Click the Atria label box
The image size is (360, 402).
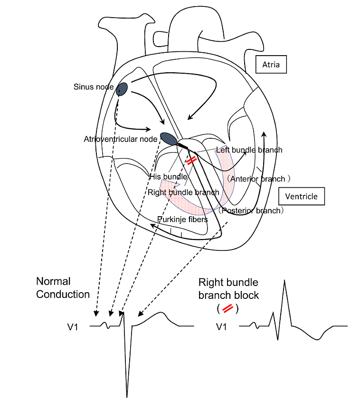point(271,65)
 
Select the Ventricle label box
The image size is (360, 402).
point(301,196)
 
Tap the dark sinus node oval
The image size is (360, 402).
point(122,89)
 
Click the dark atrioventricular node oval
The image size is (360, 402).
point(169,138)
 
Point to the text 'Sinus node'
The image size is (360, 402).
point(94,86)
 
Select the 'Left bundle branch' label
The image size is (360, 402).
point(249,150)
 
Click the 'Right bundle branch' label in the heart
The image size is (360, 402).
point(183,192)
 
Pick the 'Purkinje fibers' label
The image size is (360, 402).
point(182,219)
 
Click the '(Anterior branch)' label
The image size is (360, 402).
point(258,179)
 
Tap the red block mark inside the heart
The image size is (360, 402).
point(191,161)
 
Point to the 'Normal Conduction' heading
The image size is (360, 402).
point(63,287)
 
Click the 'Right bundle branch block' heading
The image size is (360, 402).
point(228,288)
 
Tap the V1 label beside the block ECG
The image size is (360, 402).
point(222,327)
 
